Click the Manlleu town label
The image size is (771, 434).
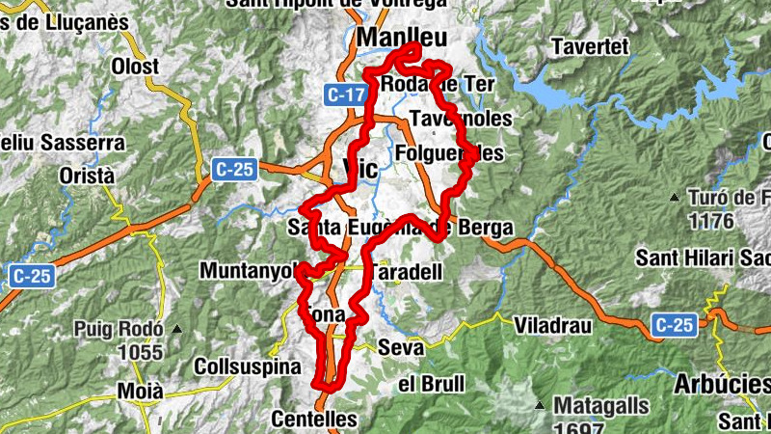(x=402, y=38)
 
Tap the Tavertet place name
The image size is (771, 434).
(x=590, y=45)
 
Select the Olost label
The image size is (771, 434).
(x=135, y=67)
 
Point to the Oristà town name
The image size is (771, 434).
(x=87, y=176)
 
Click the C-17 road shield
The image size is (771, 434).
(x=345, y=95)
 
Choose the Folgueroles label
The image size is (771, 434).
(x=449, y=153)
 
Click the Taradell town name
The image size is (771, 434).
(x=406, y=272)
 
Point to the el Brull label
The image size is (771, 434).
(x=431, y=384)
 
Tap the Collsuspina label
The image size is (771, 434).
(x=241, y=367)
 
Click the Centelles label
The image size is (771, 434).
(x=314, y=420)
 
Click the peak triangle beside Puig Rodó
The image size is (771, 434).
(x=176, y=330)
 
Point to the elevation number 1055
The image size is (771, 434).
(x=141, y=352)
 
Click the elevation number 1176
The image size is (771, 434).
(x=711, y=221)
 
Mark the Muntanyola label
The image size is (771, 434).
(x=247, y=271)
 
